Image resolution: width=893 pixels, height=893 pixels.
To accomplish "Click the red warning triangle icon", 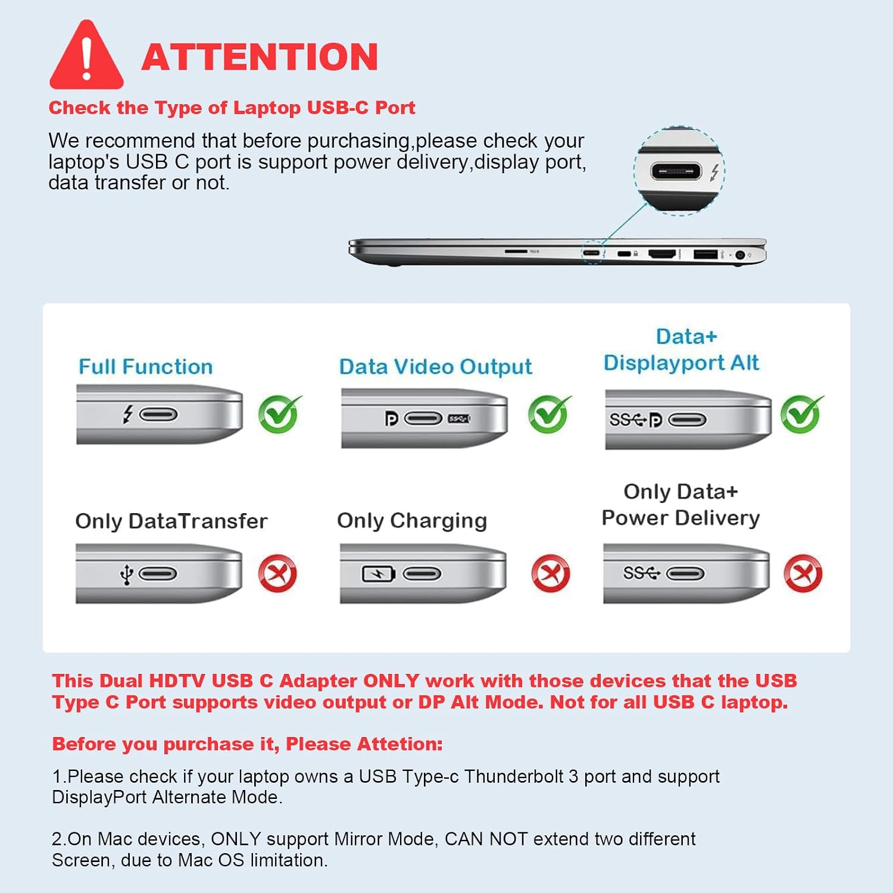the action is (86, 57).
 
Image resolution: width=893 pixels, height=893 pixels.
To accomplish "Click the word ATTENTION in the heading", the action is (260, 57).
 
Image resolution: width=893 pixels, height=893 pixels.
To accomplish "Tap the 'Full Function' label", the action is (146, 367).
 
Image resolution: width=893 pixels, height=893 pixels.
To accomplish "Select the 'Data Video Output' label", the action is (435, 367).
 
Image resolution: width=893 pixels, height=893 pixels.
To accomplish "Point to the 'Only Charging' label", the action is (412, 521).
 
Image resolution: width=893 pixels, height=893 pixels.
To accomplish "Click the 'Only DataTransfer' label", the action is (171, 521).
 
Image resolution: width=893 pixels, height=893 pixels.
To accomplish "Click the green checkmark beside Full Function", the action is (279, 414).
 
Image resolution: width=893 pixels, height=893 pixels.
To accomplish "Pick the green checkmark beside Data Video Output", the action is (549, 414).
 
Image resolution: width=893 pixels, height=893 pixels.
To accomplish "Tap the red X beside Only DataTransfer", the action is (277, 574).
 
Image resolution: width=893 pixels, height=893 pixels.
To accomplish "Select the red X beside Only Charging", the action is (551, 574).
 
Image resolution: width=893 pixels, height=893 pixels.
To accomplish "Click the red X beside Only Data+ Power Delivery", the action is (803, 574).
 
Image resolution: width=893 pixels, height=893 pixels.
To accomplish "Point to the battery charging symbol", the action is (379, 574).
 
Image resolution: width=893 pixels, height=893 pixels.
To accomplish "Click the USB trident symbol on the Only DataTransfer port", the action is (126, 574).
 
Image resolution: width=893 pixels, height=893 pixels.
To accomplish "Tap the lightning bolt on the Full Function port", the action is (127, 414).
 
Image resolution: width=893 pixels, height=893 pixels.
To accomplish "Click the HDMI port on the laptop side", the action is (662, 254).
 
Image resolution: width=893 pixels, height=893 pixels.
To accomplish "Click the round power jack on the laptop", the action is (741, 255).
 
